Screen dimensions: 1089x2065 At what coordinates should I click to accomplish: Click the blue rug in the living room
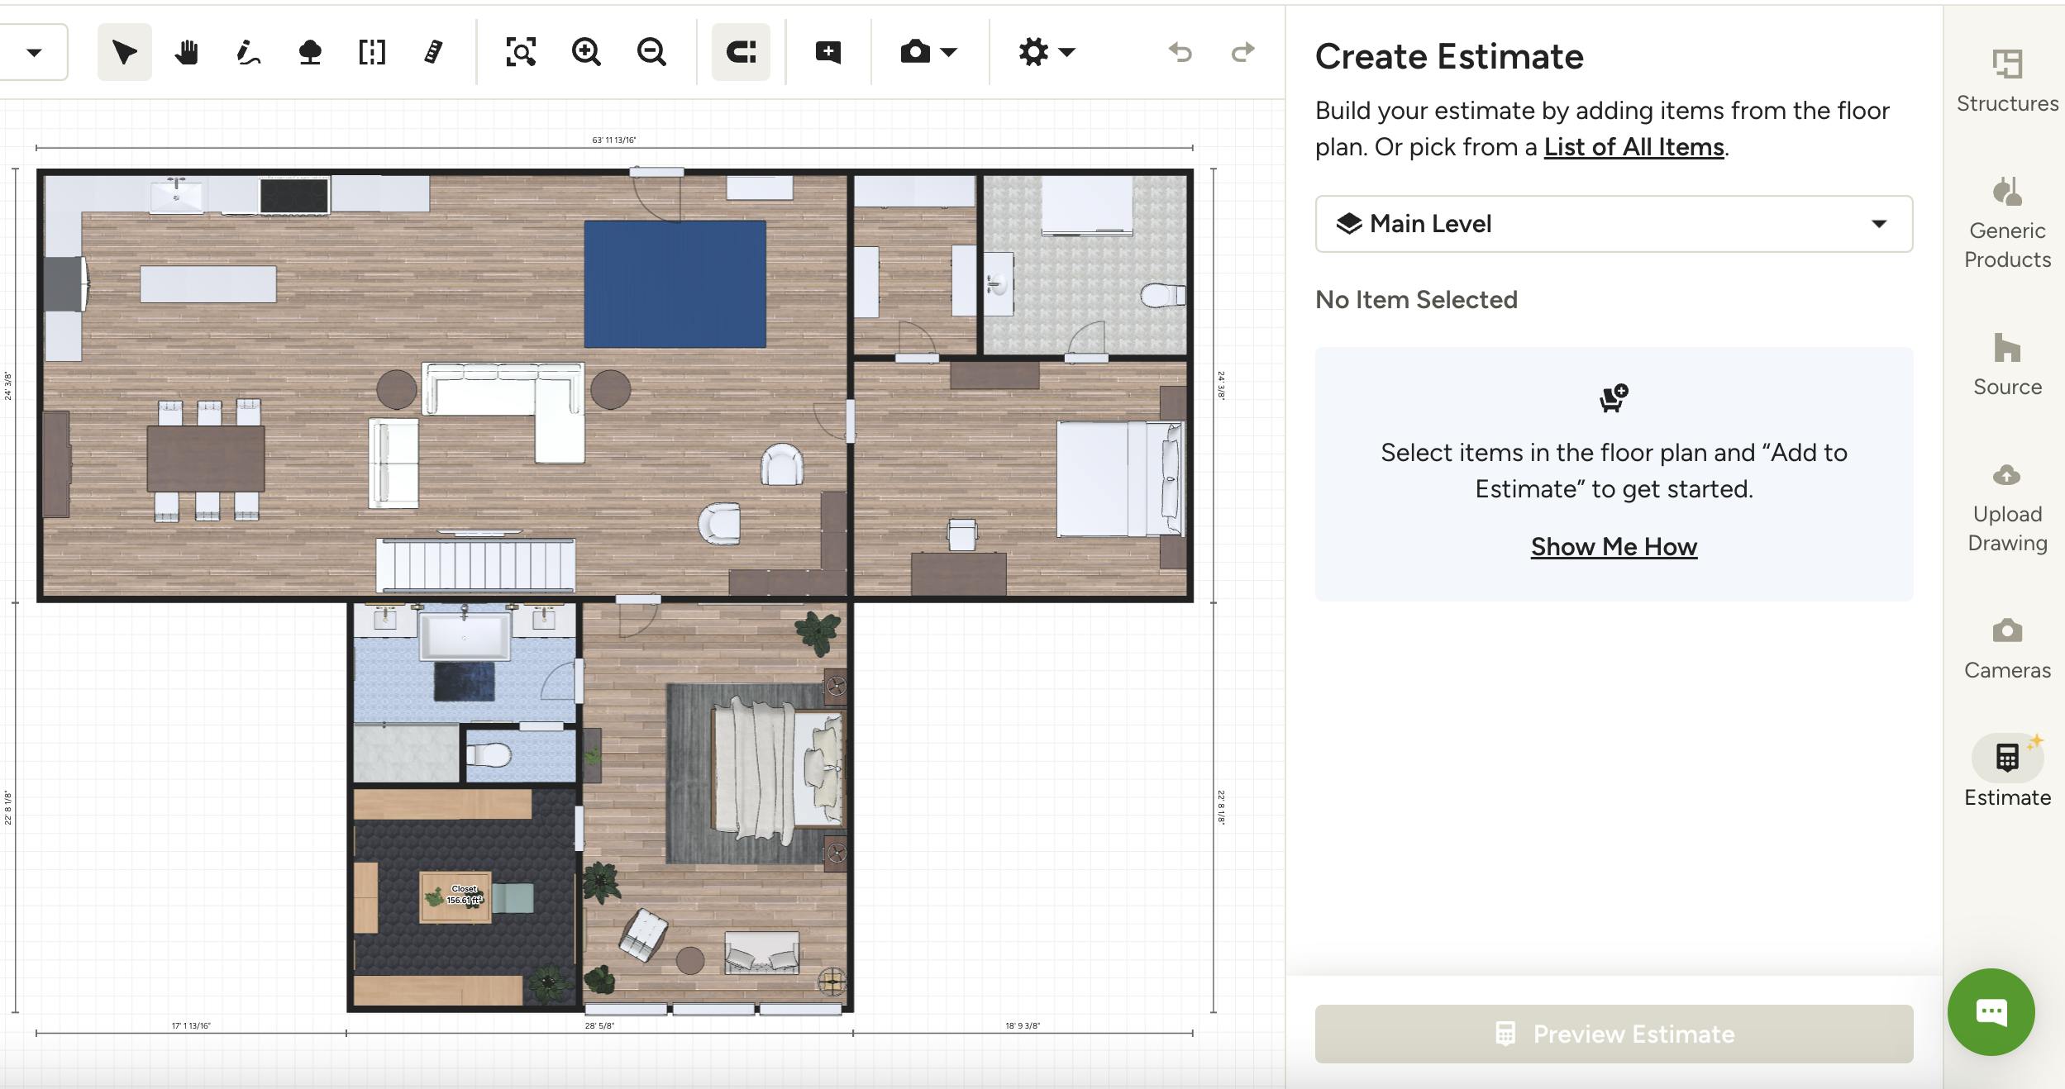[675, 283]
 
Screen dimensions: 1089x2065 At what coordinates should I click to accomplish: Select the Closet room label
[464, 895]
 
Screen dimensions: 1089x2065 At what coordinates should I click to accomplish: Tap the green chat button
[1991, 1011]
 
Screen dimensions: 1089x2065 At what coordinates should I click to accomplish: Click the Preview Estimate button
[1613, 1034]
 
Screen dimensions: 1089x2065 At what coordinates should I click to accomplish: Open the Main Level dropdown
[1613, 224]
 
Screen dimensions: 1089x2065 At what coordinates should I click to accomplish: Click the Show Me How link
[1613, 547]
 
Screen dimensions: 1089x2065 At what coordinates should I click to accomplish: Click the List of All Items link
[1633, 147]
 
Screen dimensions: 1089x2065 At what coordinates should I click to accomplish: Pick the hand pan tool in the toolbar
[187, 53]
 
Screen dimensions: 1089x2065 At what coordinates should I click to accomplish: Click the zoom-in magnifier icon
[586, 53]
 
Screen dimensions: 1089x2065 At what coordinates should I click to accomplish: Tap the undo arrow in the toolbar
[1180, 53]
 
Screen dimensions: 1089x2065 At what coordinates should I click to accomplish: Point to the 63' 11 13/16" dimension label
[614, 140]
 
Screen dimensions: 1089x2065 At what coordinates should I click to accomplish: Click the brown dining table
[206, 459]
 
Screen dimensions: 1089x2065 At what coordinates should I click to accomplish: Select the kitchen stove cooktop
[294, 197]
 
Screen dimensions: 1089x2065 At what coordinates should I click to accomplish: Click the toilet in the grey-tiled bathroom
[1161, 294]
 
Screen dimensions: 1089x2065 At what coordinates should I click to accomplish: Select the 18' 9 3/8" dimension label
[1023, 1026]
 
